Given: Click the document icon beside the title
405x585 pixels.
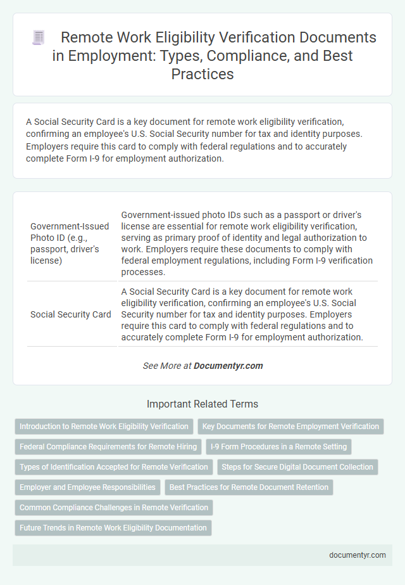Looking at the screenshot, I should point(38,38).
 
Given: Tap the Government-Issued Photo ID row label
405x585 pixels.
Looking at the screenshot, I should point(70,244).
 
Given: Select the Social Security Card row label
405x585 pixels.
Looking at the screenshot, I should point(71,314).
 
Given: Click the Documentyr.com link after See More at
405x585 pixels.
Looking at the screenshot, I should point(228,366).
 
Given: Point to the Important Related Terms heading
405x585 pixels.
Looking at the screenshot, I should point(202,404).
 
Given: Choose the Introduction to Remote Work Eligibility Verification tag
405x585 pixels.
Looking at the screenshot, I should point(104,427).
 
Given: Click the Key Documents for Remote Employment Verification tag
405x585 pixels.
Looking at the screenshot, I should point(291,427).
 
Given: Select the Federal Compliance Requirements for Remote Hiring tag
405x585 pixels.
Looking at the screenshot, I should point(108,447).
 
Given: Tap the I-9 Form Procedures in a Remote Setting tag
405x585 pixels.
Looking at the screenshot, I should point(278,447).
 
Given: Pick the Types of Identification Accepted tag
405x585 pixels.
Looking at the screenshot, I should point(114,467).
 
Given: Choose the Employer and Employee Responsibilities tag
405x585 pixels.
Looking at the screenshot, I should point(87,487).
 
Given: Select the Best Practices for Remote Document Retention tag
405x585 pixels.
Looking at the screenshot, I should point(249,487).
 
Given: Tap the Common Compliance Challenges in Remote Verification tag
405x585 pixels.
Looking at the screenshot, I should point(114,508).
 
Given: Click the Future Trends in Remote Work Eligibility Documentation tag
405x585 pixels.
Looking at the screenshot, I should point(113,528).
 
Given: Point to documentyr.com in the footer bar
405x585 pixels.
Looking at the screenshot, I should point(358,555).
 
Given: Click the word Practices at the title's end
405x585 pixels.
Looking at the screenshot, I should point(202,74).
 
